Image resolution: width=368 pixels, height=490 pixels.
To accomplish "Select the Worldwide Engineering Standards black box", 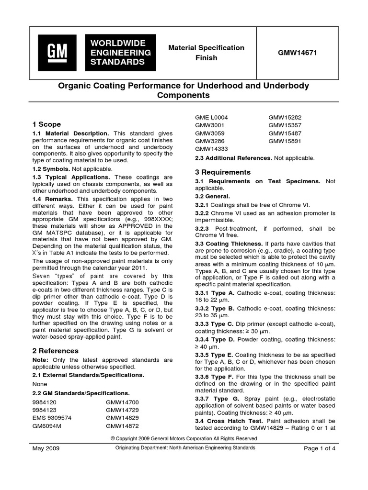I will pyautogui.click(x=121, y=52).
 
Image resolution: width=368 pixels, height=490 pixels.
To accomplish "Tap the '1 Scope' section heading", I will pyautogui.click(x=46, y=124).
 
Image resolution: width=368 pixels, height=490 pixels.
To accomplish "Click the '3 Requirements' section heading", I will pyautogui.click(x=223, y=172).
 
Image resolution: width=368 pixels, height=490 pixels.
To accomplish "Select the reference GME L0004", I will pyautogui.click(x=211, y=117).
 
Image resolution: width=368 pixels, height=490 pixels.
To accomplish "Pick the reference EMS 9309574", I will pyautogui.click(x=52, y=417).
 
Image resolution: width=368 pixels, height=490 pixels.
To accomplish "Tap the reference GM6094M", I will pyautogui.click(x=48, y=425).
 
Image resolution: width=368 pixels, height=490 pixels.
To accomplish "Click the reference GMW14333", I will pyautogui.click(x=211, y=149).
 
